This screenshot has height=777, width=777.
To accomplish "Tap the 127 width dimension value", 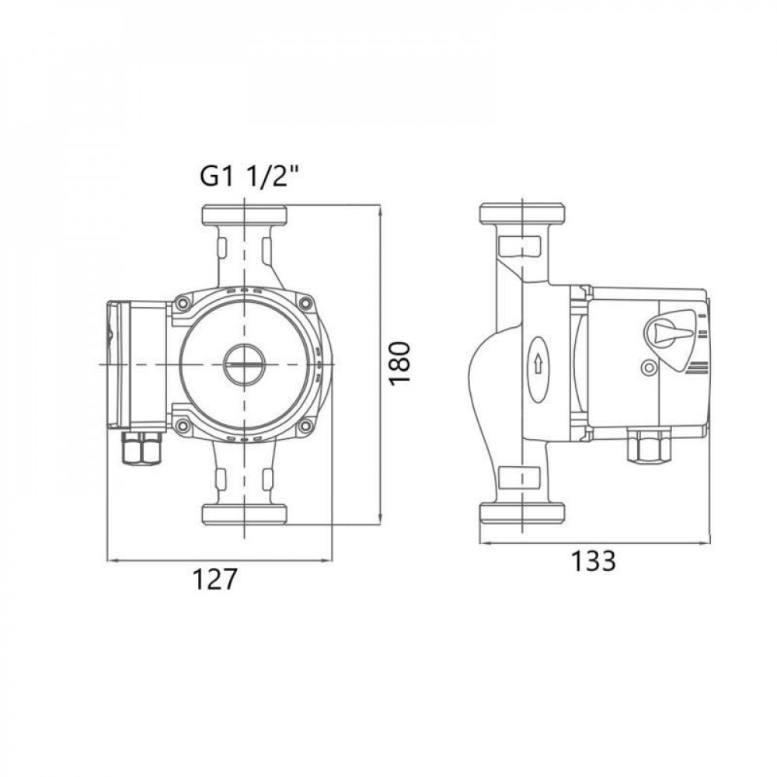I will point(214,580).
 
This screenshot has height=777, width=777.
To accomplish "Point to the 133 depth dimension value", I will point(594,561).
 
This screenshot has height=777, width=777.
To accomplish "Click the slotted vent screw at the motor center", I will point(244,364).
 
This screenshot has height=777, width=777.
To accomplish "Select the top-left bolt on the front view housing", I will point(183,305).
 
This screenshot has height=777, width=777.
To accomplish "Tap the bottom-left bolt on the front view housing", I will point(183,424).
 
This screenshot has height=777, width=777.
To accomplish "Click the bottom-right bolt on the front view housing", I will point(307,424).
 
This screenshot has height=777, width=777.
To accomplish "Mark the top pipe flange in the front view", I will point(244,213).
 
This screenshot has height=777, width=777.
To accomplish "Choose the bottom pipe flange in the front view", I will point(244,514).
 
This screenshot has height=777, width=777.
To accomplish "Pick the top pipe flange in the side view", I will point(521,213).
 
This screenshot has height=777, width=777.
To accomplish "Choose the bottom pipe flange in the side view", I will point(521,514).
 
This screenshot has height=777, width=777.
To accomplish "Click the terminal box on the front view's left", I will point(136,364).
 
